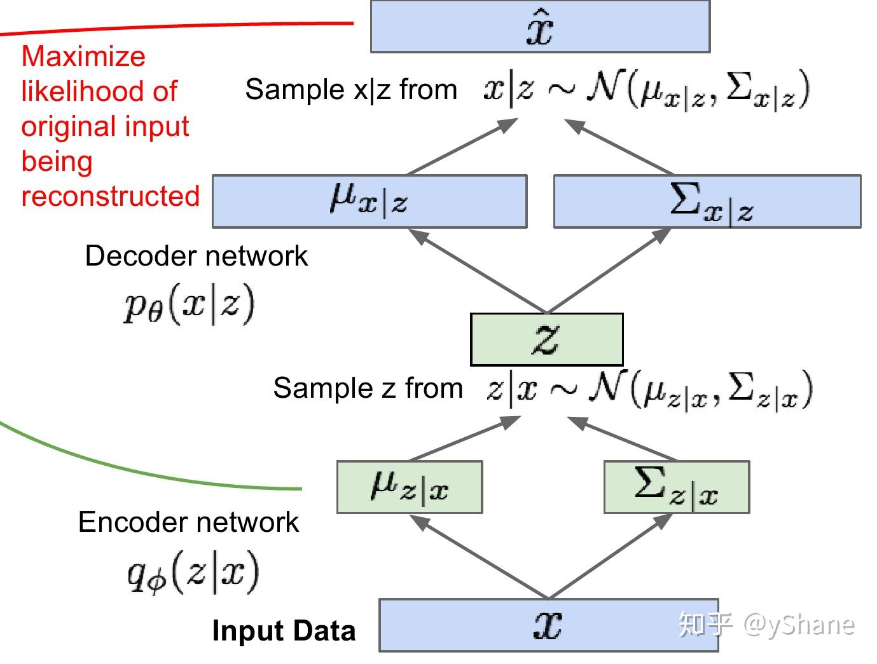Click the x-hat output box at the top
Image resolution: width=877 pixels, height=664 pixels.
click(x=540, y=27)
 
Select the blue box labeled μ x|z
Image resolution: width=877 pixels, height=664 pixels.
click(x=369, y=201)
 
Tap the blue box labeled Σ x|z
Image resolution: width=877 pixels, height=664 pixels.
click(x=707, y=201)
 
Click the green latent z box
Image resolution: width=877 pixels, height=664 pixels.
click(x=546, y=339)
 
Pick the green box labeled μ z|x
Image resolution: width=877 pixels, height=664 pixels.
click(x=410, y=487)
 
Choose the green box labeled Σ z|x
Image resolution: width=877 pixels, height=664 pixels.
click(x=676, y=487)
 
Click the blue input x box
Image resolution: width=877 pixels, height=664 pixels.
click(x=548, y=625)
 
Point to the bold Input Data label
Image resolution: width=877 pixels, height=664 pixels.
click(x=284, y=631)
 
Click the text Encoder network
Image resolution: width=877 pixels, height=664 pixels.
click(x=188, y=522)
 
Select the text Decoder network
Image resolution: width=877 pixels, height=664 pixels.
click(x=196, y=256)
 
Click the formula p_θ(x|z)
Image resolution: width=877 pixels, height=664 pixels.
click(x=189, y=304)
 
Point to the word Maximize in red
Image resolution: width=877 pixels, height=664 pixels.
click(x=83, y=57)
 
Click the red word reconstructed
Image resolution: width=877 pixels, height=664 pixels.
click(x=111, y=196)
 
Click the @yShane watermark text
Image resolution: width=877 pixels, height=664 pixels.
click(x=798, y=625)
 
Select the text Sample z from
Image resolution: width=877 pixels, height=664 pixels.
click(x=368, y=388)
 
